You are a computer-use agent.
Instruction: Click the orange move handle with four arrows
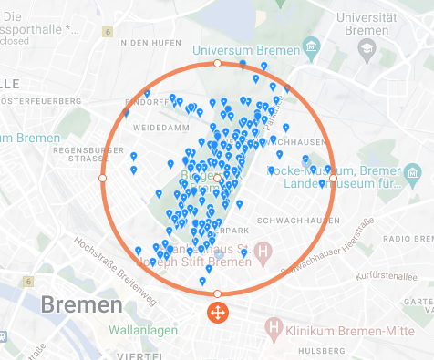click(217, 314)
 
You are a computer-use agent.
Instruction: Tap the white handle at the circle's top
click(217, 64)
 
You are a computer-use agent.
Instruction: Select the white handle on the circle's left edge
click(102, 178)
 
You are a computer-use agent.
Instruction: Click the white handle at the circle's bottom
click(217, 293)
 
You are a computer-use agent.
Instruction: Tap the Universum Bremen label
click(259, 46)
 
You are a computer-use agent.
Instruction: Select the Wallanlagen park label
click(143, 330)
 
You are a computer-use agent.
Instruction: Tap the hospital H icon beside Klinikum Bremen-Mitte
click(273, 326)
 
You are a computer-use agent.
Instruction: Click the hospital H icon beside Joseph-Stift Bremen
click(264, 251)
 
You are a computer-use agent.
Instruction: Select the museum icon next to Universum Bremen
click(312, 46)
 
